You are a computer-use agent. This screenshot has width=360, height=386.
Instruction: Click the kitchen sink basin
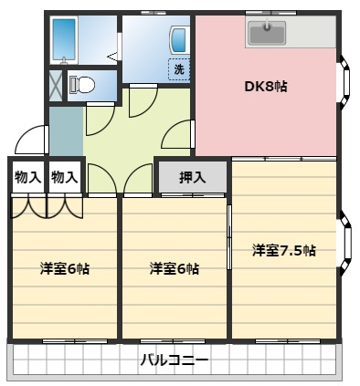pyautogui.click(x=267, y=32)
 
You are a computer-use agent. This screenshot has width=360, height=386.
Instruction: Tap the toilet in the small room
pyautogui.click(x=81, y=85)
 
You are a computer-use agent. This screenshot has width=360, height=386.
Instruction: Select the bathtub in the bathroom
pyautogui.click(x=64, y=40)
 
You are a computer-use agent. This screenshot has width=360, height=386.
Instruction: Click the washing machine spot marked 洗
pyautogui.click(x=179, y=69)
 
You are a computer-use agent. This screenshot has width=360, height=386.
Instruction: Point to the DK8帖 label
pyautogui.click(x=266, y=87)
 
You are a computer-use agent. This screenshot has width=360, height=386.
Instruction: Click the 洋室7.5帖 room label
pyautogui.click(x=284, y=251)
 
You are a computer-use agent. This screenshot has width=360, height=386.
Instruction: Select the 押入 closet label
pyautogui.click(x=193, y=178)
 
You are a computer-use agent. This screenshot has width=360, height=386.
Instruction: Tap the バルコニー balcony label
pyautogui.click(x=175, y=360)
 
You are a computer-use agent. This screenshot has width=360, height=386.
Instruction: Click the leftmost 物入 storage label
pyautogui.click(x=28, y=177)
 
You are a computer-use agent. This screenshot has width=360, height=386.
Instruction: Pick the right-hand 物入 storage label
pyautogui.click(x=65, y=177)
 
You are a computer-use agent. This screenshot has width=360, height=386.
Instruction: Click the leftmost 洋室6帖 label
pyautogui.click(x=65, y=268)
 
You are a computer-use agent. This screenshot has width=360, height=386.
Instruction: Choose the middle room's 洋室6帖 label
pyautogui.click(x=175, y=268)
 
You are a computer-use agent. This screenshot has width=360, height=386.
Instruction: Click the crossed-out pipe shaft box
pyautogui.click(x=56, y=86)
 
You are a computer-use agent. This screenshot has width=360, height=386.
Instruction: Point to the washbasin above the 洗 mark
pyautogui.click(x=178, y=40)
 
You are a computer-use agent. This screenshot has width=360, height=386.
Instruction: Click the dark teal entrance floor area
pyautogui.click(x=66, y=130)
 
